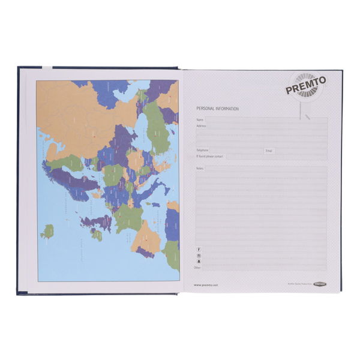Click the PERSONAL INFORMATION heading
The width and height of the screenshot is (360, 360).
click(x=218, y=109)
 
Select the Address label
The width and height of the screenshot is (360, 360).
click(x=201, y=126)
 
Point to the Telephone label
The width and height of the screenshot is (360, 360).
click(x=202, y=150)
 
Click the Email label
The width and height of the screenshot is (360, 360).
click(x=269, y=150)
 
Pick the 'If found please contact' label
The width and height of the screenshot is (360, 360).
click(x=209, y=156)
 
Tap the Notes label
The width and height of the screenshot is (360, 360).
click(x=200, y=169)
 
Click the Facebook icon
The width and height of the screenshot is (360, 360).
click(x=198, y=249)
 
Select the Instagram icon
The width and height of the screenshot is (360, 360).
click(x=198, y=256)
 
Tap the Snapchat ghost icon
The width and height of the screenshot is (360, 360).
click(x=198, y=262)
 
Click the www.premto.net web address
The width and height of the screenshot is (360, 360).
click(x=206, y=285)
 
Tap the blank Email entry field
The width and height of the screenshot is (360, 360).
click(x=300, y=150)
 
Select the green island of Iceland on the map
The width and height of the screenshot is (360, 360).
click(x=47, y=230)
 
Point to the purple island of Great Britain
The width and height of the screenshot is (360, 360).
click(x=96, y=223)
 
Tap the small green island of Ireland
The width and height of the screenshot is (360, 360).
click(x=96, y=235)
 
